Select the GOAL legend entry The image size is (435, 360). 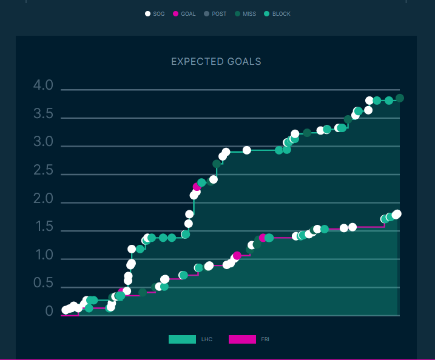point(184,13)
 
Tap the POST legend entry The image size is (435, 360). point(215,13)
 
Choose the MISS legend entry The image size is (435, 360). point(246,13)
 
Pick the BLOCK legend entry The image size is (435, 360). point(277,13)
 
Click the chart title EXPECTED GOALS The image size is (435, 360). point(216,62)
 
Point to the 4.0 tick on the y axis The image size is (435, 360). point(44,87)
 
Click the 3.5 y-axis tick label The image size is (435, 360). point(44,115)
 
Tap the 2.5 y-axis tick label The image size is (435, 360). point(44,172)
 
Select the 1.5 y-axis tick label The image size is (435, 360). point(44,228)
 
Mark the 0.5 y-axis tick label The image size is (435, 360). point(44,284)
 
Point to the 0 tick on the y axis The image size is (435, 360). point(49,312)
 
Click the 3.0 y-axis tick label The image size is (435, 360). point(44,144)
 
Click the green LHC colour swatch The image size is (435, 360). point(182,339)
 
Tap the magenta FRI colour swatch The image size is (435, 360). point(242,339)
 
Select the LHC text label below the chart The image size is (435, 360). point(207,340)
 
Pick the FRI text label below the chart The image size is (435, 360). point(265,340)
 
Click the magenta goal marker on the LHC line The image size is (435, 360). point(197,187)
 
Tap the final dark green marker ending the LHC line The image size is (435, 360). point(400,98)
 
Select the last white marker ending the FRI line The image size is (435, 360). point(397,214)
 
